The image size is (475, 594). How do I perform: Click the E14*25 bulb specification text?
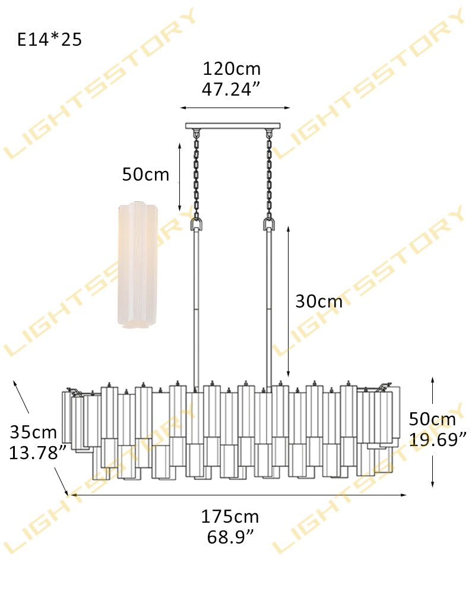point(50,39)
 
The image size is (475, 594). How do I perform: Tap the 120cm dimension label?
point(232,69)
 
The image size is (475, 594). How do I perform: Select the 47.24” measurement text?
point(231,90)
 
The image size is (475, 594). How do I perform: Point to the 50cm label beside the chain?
point(145,175)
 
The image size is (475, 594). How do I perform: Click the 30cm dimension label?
point(319,302)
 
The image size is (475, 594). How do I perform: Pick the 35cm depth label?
point(33,432)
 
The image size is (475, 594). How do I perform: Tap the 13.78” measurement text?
point(37,453)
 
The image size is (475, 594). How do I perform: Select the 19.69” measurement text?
point(438,440)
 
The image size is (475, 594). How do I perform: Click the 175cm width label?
point(230,517)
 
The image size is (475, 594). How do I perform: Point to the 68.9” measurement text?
point(230,537)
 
